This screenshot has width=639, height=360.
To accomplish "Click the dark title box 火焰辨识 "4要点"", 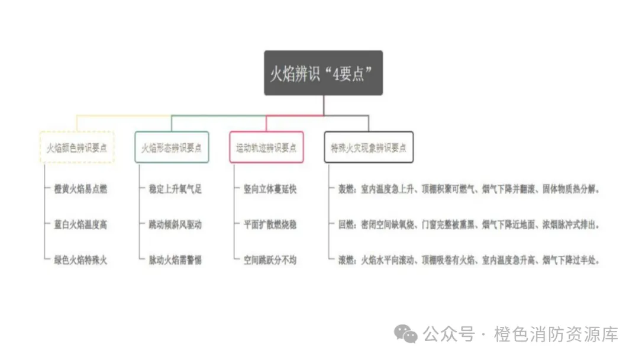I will pos(323,73).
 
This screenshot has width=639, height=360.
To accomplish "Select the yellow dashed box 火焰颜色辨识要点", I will pos(77,147).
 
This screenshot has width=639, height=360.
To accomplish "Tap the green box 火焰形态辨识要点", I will pos(172,147).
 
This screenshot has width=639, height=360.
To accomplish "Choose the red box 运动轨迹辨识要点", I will pos(266,147).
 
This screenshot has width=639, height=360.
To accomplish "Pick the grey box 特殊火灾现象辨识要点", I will pos(369,147).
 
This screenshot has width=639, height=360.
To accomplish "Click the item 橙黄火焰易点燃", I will pos(77,189).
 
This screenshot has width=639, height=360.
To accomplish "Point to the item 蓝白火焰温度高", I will pos(77,225).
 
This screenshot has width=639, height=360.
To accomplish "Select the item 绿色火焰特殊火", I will pos(77,260).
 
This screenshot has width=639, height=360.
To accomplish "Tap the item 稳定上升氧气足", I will pos(175,189).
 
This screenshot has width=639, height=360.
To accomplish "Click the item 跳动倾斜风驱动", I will pos(175,225).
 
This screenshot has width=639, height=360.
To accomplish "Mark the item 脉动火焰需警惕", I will pos(175,260).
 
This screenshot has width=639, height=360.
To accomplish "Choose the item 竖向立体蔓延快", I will pos(270,189).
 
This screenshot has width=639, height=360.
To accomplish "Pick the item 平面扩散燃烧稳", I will pos(270,225).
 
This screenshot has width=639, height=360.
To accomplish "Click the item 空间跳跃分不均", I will pos(270,260).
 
